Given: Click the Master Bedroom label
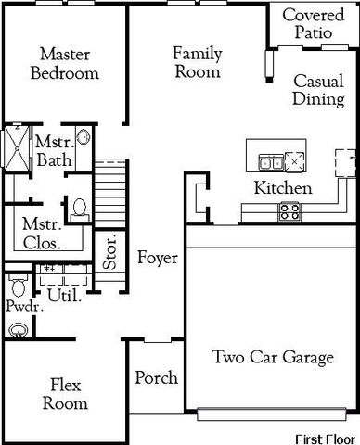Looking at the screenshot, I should pos(64,63).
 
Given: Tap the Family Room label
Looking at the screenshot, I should pos(197,62).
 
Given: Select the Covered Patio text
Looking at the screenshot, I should pos(313,24).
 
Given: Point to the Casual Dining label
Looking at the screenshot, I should pos(318,90).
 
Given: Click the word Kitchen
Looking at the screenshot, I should pos(283,188).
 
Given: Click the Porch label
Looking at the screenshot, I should pos(156,378).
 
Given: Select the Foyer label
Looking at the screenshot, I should pos(157,258).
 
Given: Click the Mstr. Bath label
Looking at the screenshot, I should pos(48,152).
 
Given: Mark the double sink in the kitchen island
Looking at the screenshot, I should pos(272,163).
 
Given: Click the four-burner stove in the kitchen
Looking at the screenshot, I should pos(289,210).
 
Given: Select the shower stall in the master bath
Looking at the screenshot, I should pos(17,148).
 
